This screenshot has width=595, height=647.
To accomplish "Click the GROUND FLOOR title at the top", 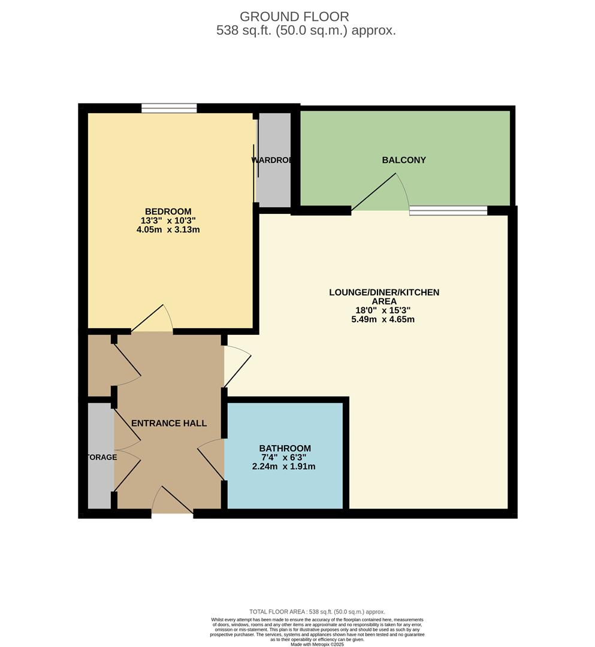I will point(294,17).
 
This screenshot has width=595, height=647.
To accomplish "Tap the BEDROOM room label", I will point(168,211).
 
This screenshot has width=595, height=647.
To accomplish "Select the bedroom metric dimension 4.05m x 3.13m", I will point(168,229).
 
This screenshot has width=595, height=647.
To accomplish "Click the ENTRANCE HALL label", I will point(169,423).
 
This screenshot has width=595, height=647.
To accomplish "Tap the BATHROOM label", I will point(285,448).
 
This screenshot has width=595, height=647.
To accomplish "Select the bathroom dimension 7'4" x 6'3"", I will point(285,458).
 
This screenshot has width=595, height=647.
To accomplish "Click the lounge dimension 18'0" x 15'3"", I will point(383,310).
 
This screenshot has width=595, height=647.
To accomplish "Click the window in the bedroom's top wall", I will point(169,108).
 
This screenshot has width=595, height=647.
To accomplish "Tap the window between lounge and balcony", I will point(448,210).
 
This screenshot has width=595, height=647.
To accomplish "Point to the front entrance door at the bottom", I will point(173,500).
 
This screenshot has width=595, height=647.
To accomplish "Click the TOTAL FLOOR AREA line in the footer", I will point(318,612).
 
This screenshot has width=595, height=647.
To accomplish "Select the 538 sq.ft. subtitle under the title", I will point(306,31).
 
